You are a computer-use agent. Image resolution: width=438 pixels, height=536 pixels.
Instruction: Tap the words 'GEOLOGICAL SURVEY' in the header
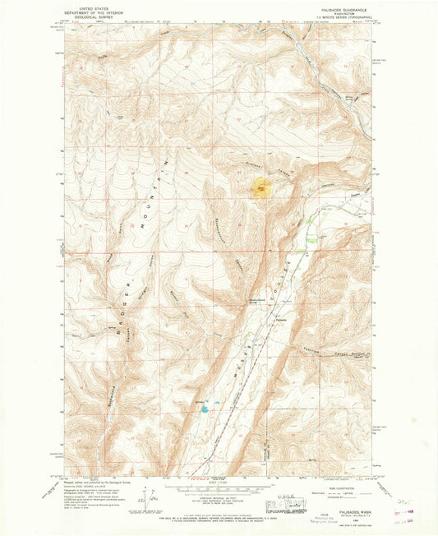click(92, 20)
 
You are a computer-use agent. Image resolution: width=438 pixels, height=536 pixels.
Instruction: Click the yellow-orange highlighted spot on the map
click(260, 189)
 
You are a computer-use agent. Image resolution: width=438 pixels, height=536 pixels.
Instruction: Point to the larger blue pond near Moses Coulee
click(216, 405)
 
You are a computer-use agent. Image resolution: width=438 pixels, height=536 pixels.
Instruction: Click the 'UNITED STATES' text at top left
click(92, 7)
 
